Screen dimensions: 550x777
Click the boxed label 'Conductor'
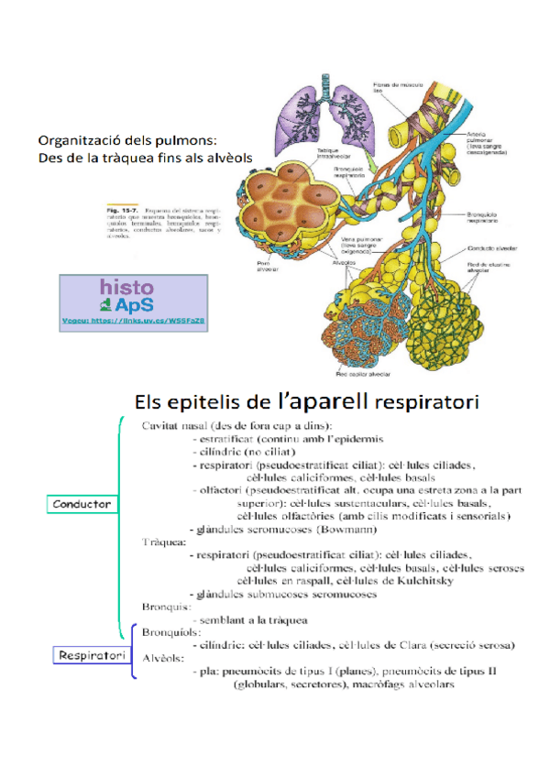[82, 504]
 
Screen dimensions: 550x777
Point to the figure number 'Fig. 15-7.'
[119, 209]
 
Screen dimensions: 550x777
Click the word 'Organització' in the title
[81, 141]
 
